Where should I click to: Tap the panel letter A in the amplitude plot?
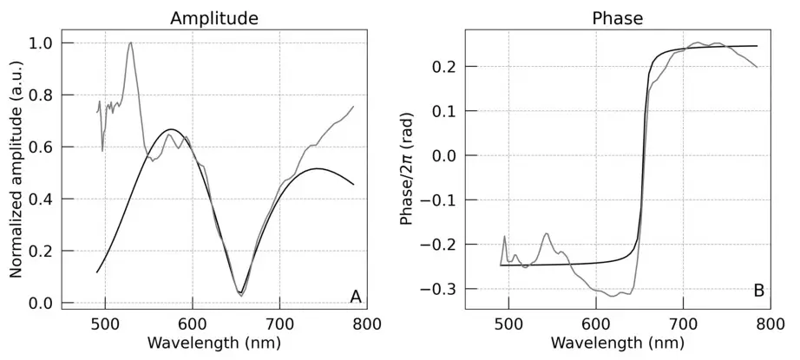coord(355,297)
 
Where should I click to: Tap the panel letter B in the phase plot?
coord(758,291)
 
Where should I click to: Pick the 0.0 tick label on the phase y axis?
coord(446,156)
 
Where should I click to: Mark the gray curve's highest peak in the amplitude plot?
coord(130,43)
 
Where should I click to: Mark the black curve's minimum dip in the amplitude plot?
coord(240,293)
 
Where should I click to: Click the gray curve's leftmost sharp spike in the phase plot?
coord(504,236)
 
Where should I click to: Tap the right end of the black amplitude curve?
coord(353,184)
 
